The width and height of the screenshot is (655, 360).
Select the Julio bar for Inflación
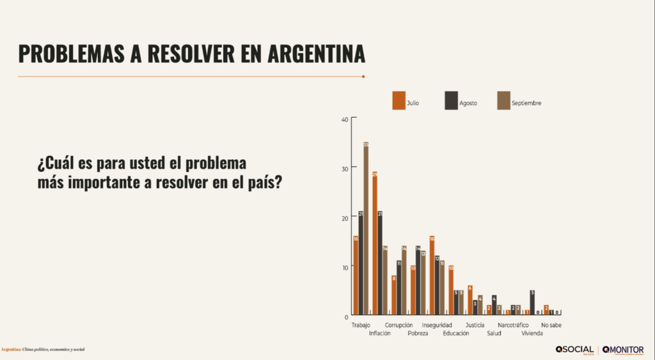[375, 244]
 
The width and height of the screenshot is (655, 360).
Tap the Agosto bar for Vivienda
[532, 303]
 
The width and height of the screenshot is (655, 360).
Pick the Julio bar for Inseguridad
[432, 276]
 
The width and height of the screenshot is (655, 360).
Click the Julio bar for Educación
[451, 290]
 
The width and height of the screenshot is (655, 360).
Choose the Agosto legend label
[468, 103]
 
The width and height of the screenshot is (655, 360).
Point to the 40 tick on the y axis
[345, 120]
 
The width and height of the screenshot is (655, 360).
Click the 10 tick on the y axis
[345, 267]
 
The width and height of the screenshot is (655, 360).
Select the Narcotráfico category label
[513, 325]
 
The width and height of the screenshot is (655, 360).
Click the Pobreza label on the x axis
[418, 333]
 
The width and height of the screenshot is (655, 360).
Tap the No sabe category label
[551, 325]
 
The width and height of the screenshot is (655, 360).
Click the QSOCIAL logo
[574, 350]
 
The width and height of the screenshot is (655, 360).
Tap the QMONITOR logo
[623, 350]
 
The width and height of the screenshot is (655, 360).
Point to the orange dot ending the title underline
[363, 77]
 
